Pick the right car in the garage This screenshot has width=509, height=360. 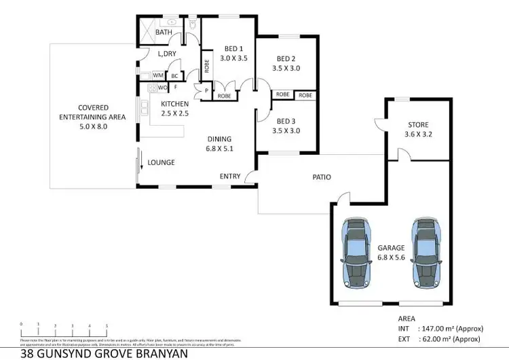426,251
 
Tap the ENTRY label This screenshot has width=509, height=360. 230,177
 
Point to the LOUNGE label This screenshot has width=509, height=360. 162,162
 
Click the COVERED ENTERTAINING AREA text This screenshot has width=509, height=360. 102,112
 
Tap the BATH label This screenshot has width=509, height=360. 164,32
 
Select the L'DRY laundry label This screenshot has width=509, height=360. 167,54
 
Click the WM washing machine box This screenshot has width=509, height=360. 157,75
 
